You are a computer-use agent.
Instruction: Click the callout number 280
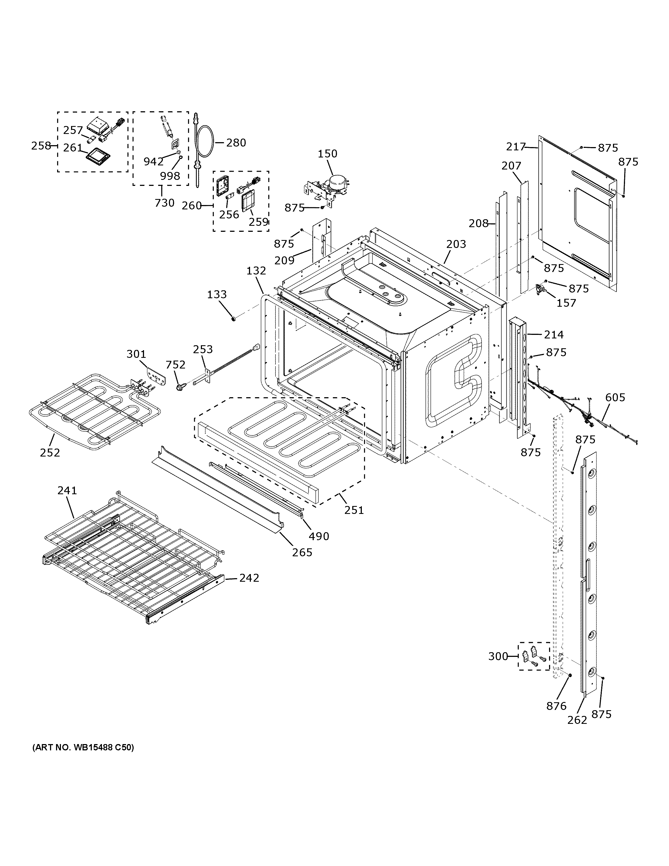(236, 143)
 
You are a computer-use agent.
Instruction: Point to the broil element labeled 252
(95, 412)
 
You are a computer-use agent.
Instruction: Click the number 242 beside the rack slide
(249, 578)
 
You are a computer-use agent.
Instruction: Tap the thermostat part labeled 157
(541, 289)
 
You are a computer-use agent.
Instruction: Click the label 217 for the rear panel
(516, 147)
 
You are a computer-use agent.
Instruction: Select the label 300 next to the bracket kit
(498, 656)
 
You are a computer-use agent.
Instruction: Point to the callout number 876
(556, 706)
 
